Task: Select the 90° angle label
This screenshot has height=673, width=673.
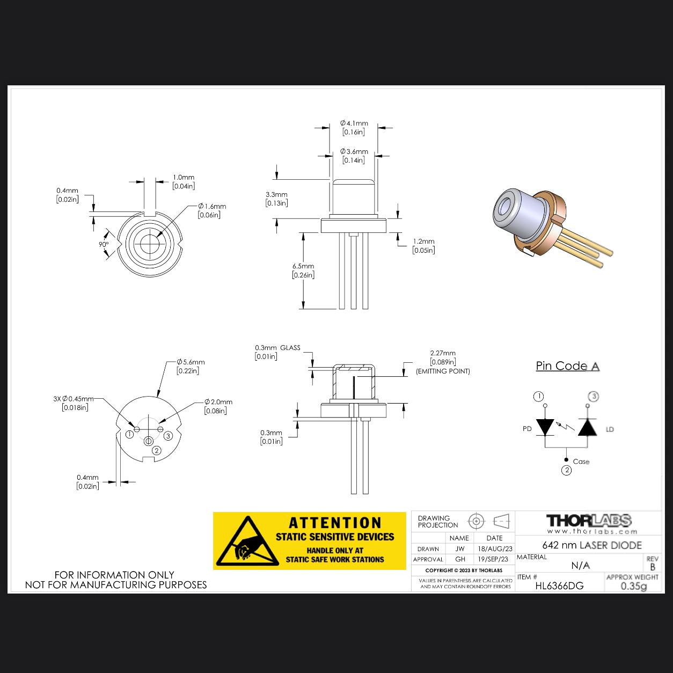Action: click(x=104, y=244)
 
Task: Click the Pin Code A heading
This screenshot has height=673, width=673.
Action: click(x=567, y=366)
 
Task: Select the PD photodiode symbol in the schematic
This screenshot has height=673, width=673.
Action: click(x=545, y=428)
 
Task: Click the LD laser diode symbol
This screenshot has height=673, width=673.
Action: click(x=587, y=428)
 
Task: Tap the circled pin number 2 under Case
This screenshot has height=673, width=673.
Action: click(x=566, y=471)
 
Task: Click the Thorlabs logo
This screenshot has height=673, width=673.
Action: click(x=588, y=521)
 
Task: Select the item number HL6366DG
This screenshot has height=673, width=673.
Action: click(x=559, y=586)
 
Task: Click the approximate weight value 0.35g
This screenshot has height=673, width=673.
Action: click(x=633, y=586)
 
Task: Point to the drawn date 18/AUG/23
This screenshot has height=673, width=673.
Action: click(x=494, y=549)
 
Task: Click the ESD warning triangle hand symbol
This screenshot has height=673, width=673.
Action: click(x=247, y=543)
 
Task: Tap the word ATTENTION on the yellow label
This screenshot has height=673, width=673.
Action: click(x=335, y=523)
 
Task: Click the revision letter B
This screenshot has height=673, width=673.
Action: click(x=652, y=567)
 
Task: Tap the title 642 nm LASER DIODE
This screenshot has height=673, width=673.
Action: click(x=591, y=545)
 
